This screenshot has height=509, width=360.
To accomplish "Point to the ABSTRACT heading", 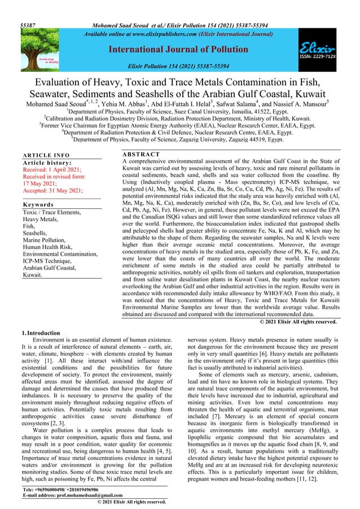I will pos(142,154).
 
